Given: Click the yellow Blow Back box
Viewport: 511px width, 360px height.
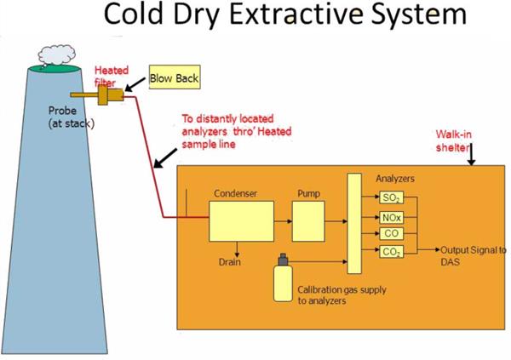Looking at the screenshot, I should point(172,78).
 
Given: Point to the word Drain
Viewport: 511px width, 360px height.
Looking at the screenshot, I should point(228,261).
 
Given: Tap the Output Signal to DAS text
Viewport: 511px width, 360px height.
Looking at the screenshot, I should point(473,255).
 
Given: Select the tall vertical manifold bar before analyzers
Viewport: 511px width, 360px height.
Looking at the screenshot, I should point(353,223).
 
